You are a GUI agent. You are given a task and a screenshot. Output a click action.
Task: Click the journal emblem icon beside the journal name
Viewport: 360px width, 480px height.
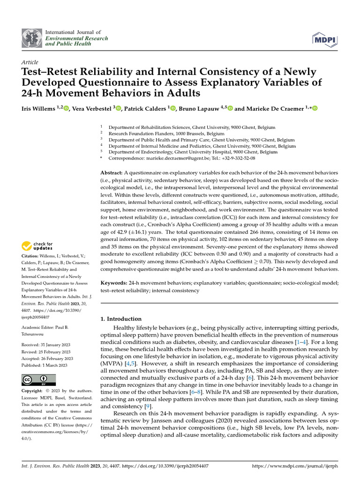click(x=31, y=38)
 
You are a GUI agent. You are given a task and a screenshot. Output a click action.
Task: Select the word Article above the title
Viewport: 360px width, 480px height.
click(x=30, y=62)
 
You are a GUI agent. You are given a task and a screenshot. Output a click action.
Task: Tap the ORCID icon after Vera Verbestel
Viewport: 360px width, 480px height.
click(x=119, y=108)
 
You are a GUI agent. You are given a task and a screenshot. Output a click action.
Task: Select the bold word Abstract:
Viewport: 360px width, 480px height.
click(x=112, y=173)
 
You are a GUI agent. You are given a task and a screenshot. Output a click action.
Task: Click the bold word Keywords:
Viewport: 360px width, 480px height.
click(x=114, y=283)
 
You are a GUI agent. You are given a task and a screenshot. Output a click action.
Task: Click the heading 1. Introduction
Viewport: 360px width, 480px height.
click(x=121, y=319)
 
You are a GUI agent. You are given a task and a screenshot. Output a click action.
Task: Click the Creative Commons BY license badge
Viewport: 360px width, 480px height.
click(x=38, y=380)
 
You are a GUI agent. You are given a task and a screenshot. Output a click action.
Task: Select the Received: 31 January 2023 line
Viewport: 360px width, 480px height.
click(x=46, y=345)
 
